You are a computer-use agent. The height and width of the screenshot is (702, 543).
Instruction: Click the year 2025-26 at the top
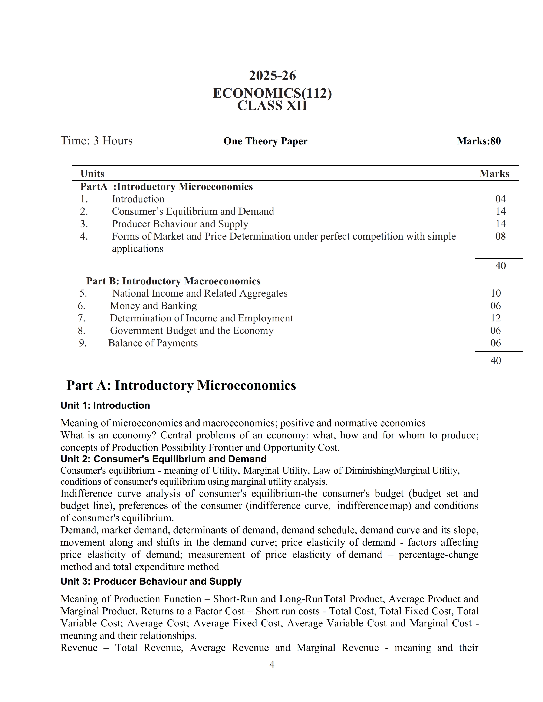click(272, 76)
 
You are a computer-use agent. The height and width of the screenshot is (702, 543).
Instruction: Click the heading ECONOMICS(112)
click(272, 93)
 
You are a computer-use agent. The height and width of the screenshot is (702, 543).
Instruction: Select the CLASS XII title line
click(272, 106)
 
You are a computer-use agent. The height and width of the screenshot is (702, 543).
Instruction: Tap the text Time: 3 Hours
click(96, 141)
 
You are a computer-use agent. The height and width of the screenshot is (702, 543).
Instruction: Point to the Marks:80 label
click(479, 141)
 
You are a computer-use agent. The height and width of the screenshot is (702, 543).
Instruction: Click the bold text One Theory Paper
click(265, 141)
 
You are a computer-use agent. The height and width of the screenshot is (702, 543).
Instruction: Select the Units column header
click(92, 174)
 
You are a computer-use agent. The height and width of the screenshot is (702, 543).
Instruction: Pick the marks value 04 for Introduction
click(500, 199)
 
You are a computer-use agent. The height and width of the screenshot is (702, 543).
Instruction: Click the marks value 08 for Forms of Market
click(500, 236)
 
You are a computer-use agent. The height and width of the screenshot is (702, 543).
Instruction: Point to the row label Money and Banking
click(154, 306)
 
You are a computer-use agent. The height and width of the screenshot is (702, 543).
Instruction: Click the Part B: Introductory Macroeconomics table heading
click(173, 281)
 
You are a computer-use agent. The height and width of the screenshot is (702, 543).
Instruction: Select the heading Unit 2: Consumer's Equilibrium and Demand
click(163, 459)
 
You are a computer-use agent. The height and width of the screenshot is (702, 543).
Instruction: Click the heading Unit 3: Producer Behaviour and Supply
click(151, 581)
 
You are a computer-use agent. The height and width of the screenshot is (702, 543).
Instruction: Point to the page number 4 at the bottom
click(272, 665)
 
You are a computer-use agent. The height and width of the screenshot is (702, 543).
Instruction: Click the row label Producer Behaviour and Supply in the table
click(180, 224)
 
